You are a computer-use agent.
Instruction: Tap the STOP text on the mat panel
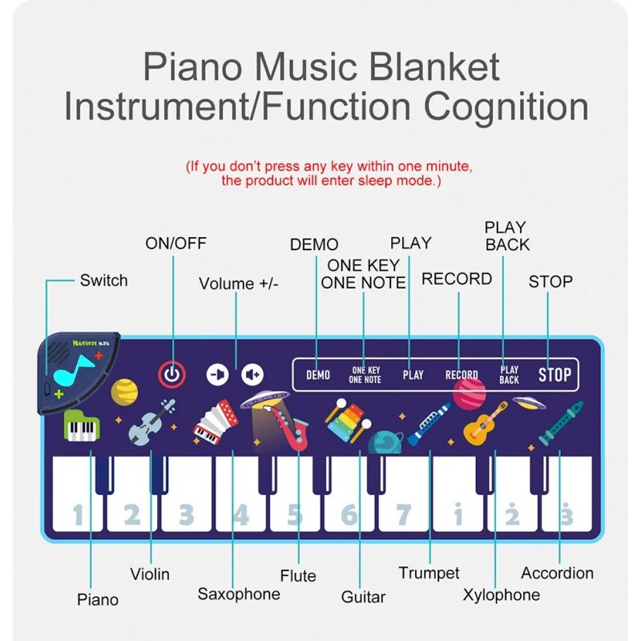[x=554, y=374]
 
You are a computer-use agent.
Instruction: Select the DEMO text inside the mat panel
[x=318, y=374]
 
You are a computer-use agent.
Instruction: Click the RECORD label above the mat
[x=457, y=279]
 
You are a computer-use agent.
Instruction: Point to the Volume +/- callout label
[x=239, y=284]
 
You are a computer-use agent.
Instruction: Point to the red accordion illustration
[x=216, y=422]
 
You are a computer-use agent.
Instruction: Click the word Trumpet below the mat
[x=429, y=572]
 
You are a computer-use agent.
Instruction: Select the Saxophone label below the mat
[x=239, y=594]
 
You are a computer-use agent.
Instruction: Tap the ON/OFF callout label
[x=175, y=244]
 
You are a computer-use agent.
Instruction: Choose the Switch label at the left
[x=103, y=280]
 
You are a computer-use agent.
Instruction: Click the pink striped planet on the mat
[x=470, y=393]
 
